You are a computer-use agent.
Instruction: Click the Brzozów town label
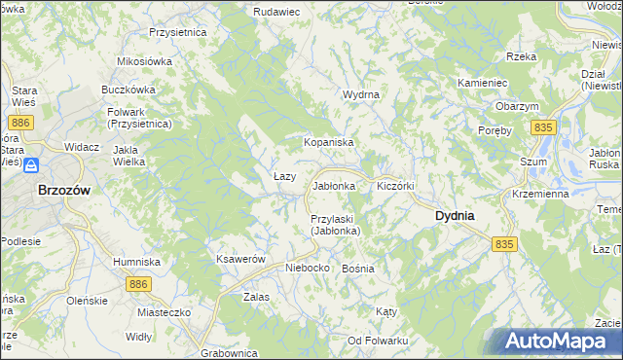(x=63, y=192)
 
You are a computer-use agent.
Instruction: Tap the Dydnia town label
(x=455, y=215)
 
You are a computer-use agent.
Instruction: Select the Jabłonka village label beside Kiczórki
(x=337, y=185)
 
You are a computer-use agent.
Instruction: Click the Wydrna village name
(x=360, y=94)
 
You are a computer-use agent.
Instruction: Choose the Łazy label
(x=284, y=176)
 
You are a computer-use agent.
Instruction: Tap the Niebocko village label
(x=307, y=267)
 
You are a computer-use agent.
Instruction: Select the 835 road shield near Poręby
(x=543, y=128)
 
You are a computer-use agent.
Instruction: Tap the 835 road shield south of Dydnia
(x=503, y=244)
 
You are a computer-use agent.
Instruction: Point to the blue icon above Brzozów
(x=32, y=165)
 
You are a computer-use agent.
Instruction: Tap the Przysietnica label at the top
(x=178, y=32)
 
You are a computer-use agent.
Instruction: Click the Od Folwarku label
(x=378, y=340)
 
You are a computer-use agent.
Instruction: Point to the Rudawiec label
(x=275, y=11)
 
